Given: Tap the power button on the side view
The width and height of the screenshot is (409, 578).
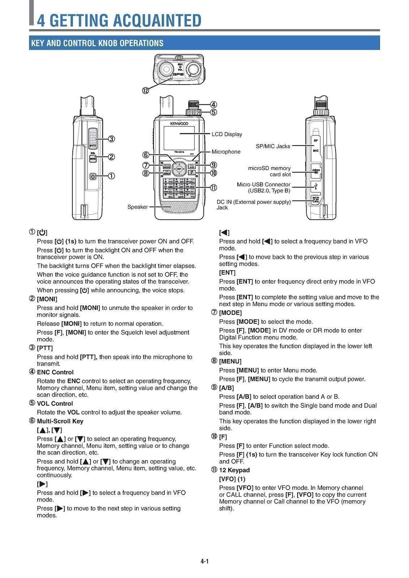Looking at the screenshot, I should (x=93, y=176).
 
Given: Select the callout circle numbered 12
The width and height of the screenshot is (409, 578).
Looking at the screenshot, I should (x=145, y=90).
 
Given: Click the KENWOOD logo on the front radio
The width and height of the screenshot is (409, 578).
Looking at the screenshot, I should (x=179, y=124).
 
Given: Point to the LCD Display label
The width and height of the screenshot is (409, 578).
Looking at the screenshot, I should (x=227, y=134).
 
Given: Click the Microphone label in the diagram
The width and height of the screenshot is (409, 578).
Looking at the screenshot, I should (x=226, y=152).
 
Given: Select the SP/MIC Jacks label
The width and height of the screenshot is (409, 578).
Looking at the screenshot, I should (x=273, y=146).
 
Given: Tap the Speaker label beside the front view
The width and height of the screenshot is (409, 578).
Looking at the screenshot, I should (x=137, y=207).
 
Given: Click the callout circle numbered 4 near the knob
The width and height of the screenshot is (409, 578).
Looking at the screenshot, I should (x=214, y=105).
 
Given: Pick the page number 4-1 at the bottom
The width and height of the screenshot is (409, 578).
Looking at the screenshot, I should (x=204, y=561).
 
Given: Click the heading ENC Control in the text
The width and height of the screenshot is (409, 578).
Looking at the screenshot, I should (x=55, y=372).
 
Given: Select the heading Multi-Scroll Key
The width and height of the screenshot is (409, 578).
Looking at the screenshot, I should (x=60, y=421).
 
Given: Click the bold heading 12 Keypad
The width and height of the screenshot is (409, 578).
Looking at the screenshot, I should (x=234, y=470).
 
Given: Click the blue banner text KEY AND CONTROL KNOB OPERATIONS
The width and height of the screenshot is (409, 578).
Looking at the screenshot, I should (x=97, y=43).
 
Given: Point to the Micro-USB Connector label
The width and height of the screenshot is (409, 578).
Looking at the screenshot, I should (x=264, y=185).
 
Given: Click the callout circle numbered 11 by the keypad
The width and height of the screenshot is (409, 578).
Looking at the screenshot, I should (x=214, y=187).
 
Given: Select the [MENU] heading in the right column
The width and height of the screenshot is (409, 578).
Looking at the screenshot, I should (x=230, y=361).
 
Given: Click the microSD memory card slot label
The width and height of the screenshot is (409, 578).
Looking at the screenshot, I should (x=269, y=171).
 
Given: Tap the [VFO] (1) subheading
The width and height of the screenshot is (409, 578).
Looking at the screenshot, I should (x=232, y=479).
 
